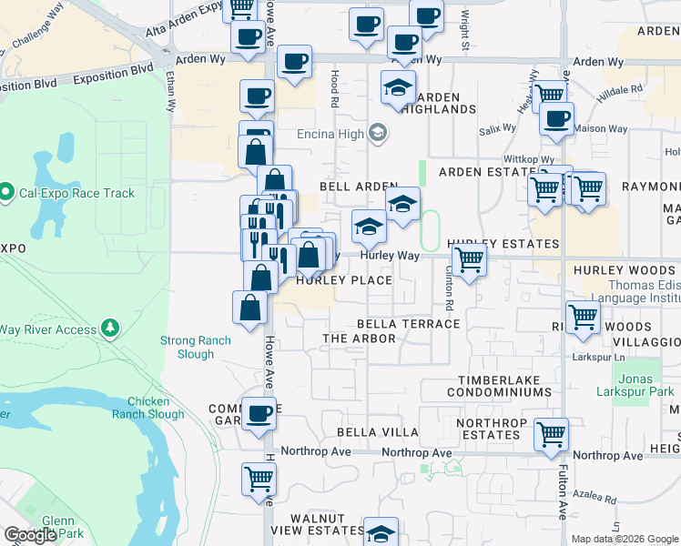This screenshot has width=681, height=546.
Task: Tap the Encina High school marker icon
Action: (x=377, y=135)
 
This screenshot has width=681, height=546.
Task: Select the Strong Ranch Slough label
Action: (x=196, y=348)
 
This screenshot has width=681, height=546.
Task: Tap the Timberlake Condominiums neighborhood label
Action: (x=499, y=386)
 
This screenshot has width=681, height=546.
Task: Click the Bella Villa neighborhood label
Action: (x=378, y=432)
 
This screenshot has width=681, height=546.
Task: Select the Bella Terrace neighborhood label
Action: (x=408, y=324)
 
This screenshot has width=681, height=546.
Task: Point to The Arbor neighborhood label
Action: (x=360, y=339)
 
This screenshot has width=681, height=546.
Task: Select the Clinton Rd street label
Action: (x=449, y=293)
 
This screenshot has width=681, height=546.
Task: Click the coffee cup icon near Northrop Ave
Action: (x=259, y=412)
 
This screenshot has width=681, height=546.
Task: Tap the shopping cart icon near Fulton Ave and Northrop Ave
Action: (x=552, y=434)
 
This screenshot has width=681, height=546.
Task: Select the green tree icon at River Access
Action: (x=110, y=326)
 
